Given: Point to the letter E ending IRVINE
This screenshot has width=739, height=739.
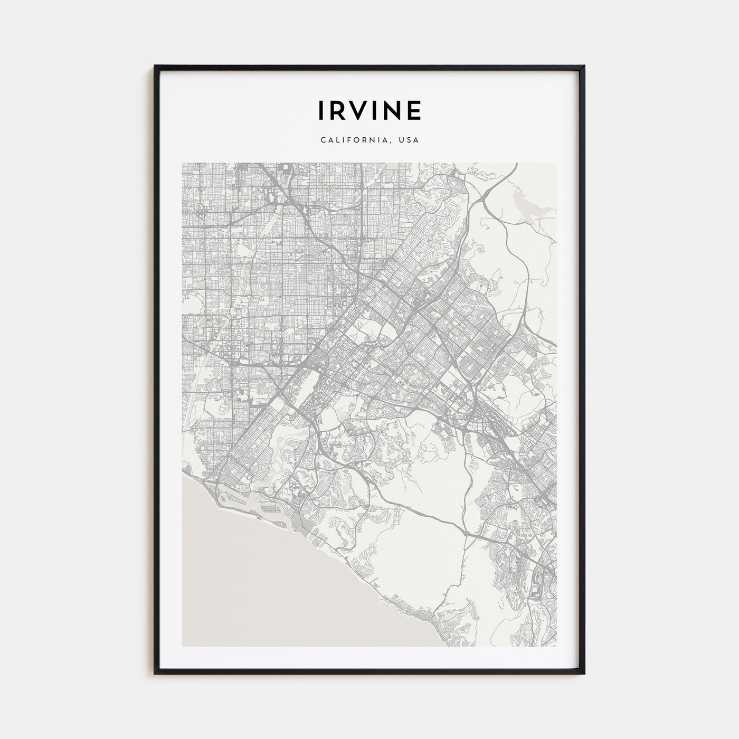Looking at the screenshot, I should [414, 110].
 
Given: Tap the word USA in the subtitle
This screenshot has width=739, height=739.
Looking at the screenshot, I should [409, 140].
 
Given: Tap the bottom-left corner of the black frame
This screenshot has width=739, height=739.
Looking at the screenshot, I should [155, 674].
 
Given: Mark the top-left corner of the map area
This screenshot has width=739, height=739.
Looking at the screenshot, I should [182, 163].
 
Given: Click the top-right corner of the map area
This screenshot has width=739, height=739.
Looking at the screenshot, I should [556, 163].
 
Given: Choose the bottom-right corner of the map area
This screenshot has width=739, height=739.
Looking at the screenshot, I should [556, 646].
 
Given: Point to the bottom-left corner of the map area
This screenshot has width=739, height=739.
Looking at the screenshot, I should [182, 646].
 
